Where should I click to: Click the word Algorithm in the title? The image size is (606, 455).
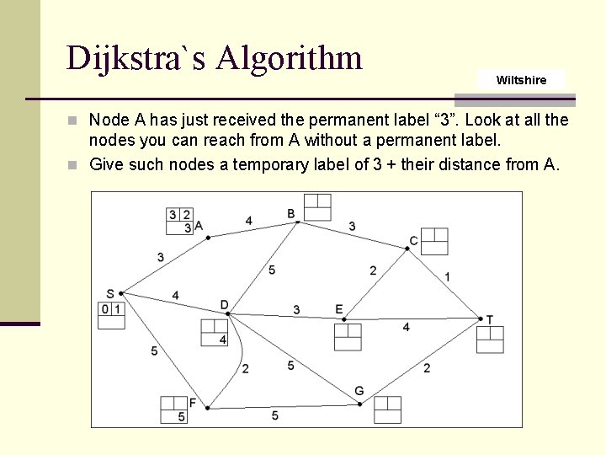[289, 58]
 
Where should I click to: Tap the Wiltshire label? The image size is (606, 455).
[521, 80]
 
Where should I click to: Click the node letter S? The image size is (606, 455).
[110, 293]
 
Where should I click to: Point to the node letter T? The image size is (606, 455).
[489, 319]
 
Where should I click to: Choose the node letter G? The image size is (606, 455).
[359, 391]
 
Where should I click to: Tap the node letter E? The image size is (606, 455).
[339, 309]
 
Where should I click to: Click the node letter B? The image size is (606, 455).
[291, 214]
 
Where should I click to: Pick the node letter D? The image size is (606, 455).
[224, 304]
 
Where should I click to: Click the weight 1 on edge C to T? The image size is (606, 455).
[447, 276]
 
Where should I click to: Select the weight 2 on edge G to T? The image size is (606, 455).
[427, 367]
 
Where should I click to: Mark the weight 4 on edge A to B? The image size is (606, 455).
[248, 221]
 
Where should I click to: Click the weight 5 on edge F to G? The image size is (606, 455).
[274, 415]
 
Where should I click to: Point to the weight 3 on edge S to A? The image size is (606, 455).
[160, 257]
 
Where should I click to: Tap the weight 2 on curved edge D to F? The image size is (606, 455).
[245, 368]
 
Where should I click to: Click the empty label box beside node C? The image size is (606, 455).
[434, 241]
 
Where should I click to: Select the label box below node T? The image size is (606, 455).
[490, 339]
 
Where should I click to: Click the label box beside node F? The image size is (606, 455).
[174, 409]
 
